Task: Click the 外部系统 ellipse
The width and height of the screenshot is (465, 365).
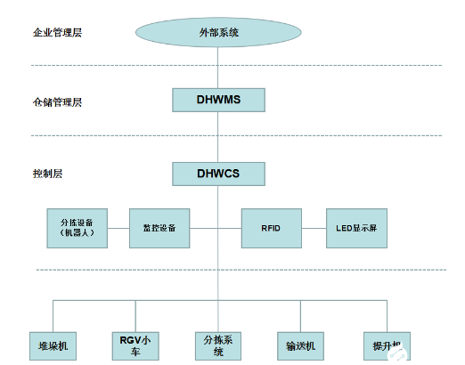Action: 218,33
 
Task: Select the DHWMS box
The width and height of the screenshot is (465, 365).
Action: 218,98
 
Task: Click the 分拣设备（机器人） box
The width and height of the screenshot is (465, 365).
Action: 77,228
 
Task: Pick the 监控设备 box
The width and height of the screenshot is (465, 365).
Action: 159,228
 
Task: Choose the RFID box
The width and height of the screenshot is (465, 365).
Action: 271,228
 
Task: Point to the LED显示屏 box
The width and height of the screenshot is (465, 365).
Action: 356,228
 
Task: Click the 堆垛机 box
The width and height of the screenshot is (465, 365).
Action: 53,345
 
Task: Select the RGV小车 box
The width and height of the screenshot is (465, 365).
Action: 136,345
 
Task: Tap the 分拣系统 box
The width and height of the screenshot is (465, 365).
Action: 219,345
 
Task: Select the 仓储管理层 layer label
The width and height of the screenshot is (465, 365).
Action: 51,102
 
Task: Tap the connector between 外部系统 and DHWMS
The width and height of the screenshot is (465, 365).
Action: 218,68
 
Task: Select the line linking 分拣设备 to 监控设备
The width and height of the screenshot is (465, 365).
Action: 118,228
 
